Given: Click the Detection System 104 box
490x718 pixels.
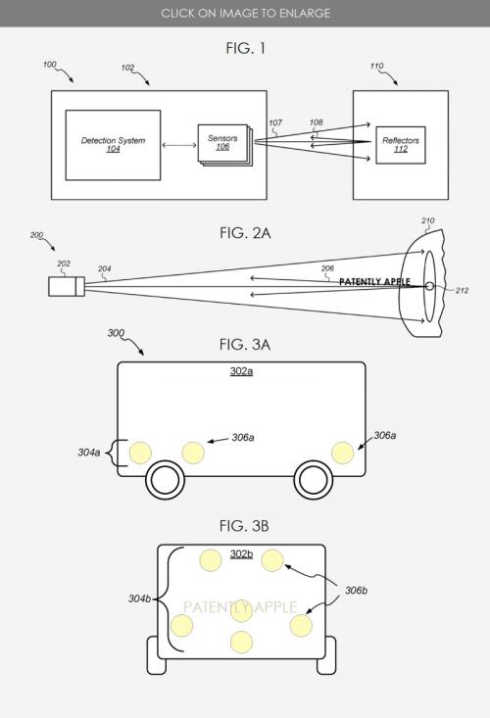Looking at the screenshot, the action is [113, 145].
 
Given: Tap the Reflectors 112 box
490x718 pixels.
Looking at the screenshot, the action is [401, 145].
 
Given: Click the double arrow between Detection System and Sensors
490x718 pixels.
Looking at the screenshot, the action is [179, 145].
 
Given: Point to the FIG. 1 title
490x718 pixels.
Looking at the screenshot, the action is [245, 48].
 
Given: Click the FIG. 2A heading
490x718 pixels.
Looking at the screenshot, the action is [245, 233].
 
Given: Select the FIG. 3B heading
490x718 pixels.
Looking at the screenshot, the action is [244, 526].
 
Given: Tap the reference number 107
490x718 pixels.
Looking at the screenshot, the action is [275, 122].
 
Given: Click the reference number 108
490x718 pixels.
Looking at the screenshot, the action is [316, 122].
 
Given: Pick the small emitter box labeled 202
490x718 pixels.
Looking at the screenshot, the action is [67, 286].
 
